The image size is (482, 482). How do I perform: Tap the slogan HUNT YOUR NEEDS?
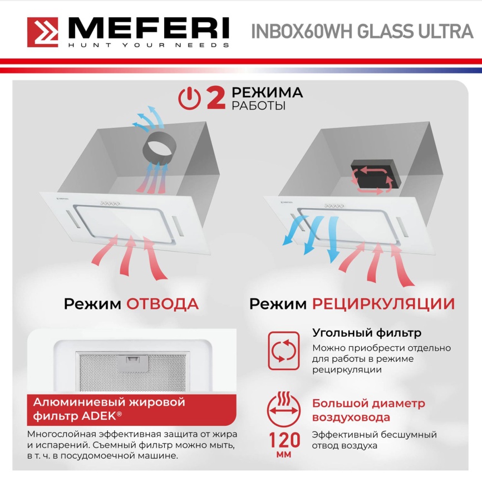pos(148,45)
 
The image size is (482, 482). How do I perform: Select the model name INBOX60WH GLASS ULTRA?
pos(362,31)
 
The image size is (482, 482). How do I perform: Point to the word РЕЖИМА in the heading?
pos(267,92)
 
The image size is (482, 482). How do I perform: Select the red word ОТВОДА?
pos(162,304)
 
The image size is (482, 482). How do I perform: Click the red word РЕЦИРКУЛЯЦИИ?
pos(383,304)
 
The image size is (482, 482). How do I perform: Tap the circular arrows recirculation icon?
pos(284,351)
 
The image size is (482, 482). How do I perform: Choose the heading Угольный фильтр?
pos(366,333)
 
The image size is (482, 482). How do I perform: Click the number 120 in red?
pos(285,440)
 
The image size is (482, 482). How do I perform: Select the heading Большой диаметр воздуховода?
pos(368,410)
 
